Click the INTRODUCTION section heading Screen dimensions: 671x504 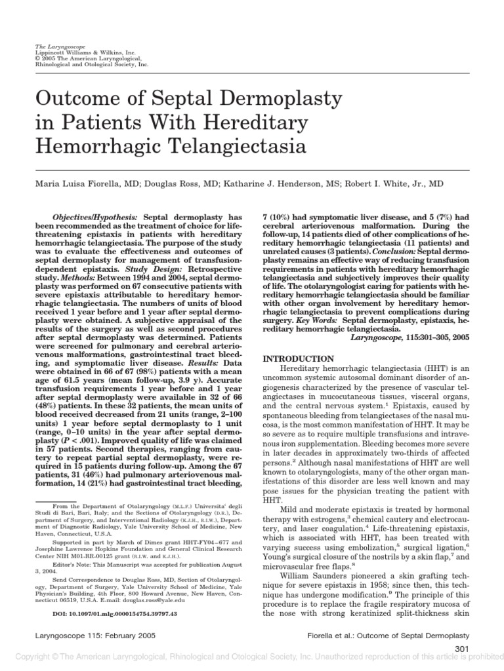[299, 358]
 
